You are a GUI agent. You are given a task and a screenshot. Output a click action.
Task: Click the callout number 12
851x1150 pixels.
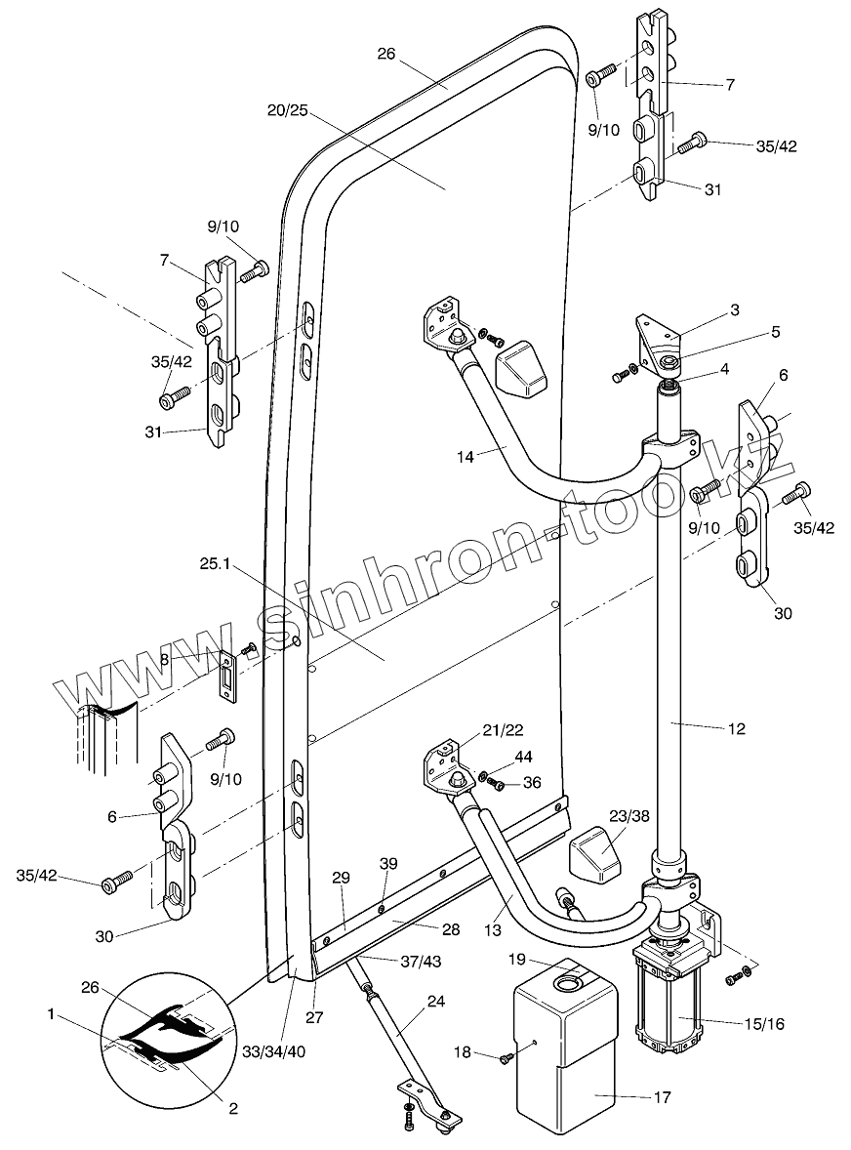tap(736, 728)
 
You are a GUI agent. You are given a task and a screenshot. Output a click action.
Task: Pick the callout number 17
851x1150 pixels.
tap(662, 1097)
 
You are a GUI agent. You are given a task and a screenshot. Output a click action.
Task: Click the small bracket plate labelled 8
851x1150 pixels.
tap(227, 674)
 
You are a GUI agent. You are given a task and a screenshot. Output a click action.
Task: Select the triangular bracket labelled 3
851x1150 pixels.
tap(655, 338)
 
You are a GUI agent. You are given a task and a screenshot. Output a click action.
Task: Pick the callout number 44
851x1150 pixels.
tap(524, 757)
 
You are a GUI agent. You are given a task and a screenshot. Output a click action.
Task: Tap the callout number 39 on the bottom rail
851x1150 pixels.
tap(388, 864)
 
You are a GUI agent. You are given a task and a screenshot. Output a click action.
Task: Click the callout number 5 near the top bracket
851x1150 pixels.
tap(776, 332)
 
